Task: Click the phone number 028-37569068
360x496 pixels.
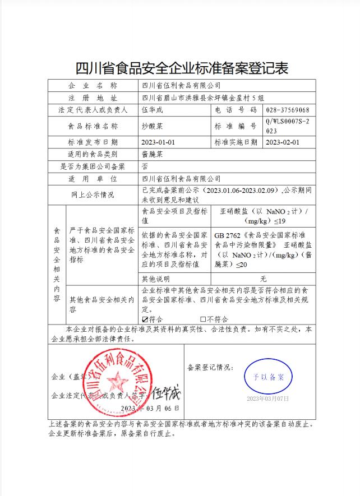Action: coord(288,110)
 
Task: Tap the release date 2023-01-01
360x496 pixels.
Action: coord(159,142)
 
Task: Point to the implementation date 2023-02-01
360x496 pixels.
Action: coord(283,142)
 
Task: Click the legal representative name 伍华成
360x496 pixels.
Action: coord(153,110)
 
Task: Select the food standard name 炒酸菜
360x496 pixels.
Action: coord(153,126)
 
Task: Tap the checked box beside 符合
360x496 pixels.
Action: coord(145,319)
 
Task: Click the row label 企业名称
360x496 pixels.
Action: coord(93,86)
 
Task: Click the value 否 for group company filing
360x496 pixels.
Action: coord(145,166)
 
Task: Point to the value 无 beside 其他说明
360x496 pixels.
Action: coord(263,279)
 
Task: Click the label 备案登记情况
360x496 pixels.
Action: coord(210,368)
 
